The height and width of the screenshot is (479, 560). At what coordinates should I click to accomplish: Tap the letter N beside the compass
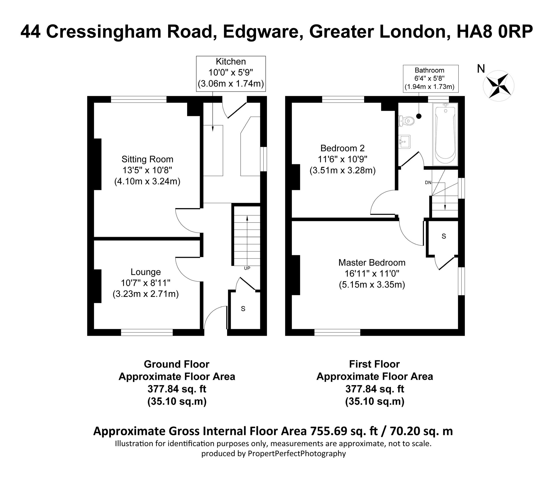pos(481,69)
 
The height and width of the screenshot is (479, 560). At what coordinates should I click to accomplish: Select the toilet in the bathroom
pos(407,121)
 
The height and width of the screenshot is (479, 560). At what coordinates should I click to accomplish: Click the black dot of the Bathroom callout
pos(419,116)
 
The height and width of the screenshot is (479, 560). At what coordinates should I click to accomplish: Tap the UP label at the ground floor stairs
pos(247,268)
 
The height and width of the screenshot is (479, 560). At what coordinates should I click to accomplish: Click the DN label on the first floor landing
pos(428,182)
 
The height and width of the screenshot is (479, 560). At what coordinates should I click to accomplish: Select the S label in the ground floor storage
pos(243,309)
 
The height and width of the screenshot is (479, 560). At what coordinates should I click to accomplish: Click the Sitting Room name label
pos(147,159)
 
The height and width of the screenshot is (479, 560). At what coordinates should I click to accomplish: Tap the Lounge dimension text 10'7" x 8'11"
pos(146,283)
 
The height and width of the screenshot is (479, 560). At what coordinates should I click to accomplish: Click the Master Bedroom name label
pos(372,262)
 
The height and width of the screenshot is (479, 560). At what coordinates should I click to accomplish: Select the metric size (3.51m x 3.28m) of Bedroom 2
pos(342,171)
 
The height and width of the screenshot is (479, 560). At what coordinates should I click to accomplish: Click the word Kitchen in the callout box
pos(231,62)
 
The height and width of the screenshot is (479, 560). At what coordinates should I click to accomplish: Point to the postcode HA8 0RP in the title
pos(495,32)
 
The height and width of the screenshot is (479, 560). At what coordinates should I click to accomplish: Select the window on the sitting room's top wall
pos(139,99)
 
